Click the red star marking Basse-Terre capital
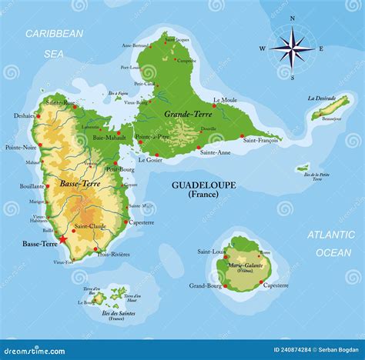pyautogui.click(x=63, y=241)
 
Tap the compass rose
pyautogui.click(x=291, y=48)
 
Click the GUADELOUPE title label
pyautogui.click(x=203, y=185)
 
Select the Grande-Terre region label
pyautogui.click(x=187, y=114)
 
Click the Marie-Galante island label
pyautogui.click(x=246, y=265)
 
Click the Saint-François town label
pyautogui.click(x=260, y=140)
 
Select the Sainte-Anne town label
pyautogui.click(x=215, y=152)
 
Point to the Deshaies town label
pyautogui.click(x=24, y=116)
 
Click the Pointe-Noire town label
pyautogui.click(x=21, y=147)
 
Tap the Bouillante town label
pyautogui.click(x=32, y=186)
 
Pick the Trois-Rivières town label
pyautogui.click(x=113, y=254)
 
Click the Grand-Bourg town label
pyautogui.click(x=206, y=285)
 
